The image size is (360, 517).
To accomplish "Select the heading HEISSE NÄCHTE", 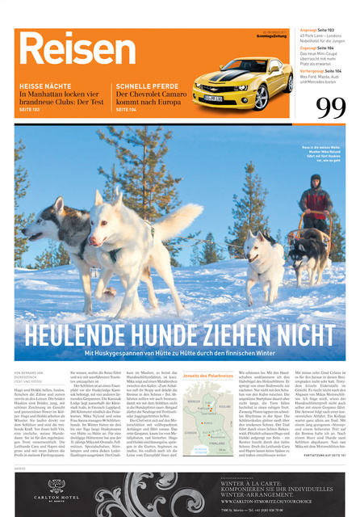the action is (44, 85).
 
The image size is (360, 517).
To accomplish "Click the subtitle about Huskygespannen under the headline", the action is (179, 353).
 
